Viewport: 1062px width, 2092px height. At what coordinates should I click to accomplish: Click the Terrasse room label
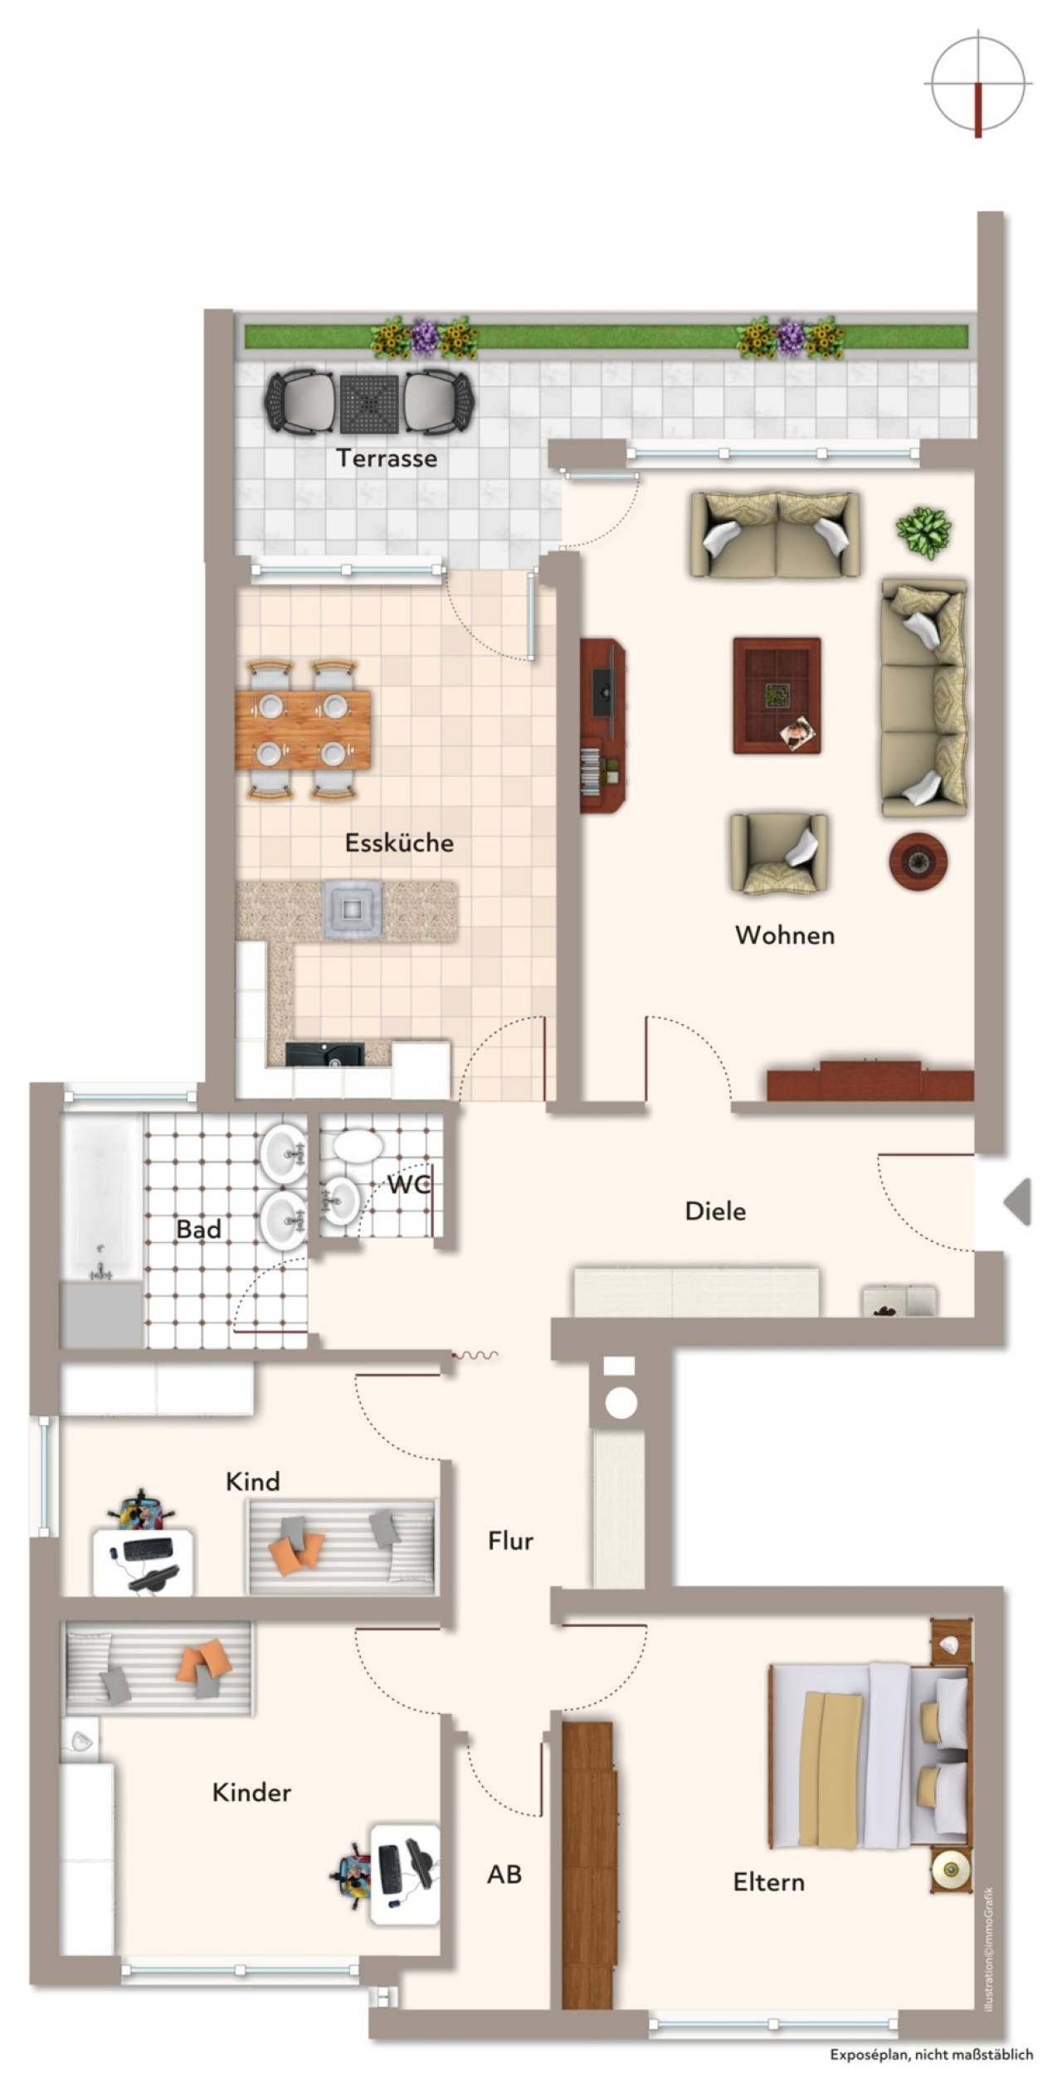click(x=387, y=459)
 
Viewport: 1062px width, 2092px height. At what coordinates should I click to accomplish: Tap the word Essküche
click(x=399, y=843)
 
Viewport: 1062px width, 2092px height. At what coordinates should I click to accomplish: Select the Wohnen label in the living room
click(x=785, y=935)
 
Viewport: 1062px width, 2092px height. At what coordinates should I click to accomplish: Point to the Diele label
click(x=715, y=1211)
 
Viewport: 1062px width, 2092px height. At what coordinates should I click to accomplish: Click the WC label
click(x=409, y=1185)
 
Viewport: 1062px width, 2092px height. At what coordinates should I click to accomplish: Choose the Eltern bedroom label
click(x=769, y=1882)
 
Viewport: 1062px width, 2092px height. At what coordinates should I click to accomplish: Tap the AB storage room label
click(x=504, y=1874)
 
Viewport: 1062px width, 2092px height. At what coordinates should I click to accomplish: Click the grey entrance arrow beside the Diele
click(x=1018, y=1201)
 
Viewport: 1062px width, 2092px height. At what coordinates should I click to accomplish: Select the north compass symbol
click(x=978, y=84)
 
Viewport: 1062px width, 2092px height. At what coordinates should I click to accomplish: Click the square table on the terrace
click(x=370, y=403)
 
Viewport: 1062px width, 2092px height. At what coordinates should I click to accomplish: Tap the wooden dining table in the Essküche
click(x=303, y=731)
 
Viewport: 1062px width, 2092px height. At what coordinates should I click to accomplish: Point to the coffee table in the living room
click(x=777, y=696)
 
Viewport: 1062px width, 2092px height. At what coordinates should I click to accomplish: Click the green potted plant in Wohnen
click(x=923, y=531)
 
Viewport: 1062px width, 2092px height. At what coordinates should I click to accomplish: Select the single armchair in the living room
click(x=778, y=853)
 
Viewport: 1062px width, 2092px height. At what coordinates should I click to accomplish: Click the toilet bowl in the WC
click(x=358, y=1147)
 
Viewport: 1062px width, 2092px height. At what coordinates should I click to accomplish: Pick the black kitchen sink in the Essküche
click(x=324, y=1054)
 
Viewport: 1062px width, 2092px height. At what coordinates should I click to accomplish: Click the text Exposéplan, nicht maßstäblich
click(x=932, y=2055)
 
